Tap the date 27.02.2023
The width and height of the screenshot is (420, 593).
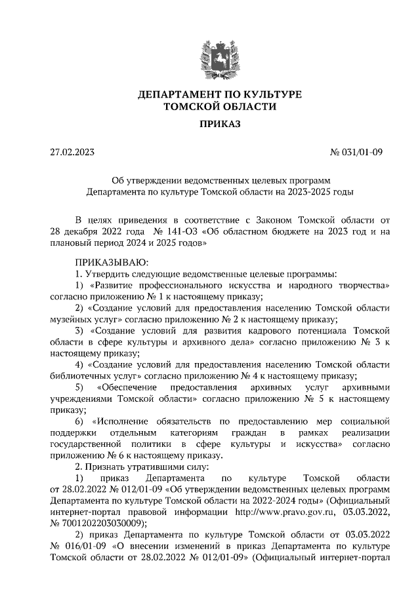[72, 153]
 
